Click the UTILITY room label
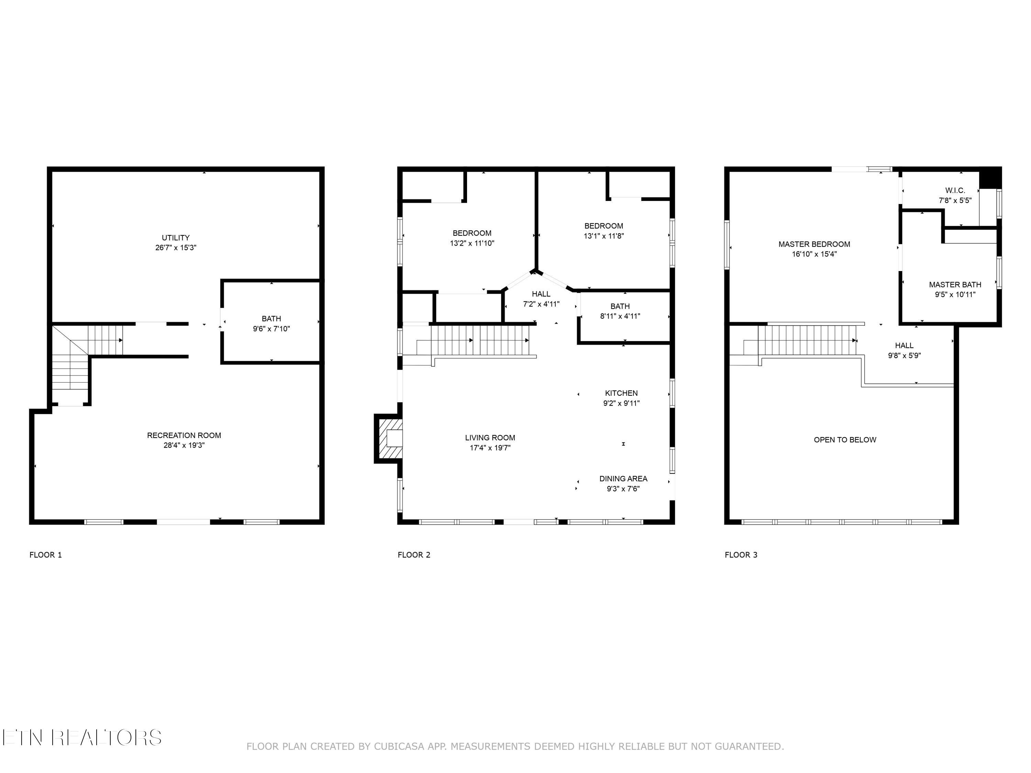[176, 238]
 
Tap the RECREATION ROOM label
[184, 435]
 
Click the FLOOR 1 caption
[46, 554]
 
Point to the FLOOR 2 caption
[414, 554]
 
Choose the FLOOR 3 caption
[741, 554]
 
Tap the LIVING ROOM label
[490, 438]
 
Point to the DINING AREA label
[623, 479]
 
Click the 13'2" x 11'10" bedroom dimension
[472, 243]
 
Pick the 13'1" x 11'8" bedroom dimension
[603, 236]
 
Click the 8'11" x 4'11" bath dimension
[620, 316]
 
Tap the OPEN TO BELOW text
[845, 440]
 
